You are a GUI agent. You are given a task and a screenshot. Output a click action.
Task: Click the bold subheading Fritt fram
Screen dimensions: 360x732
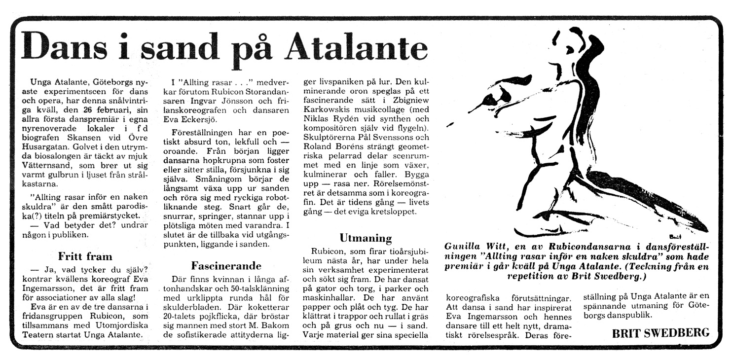[85, 256]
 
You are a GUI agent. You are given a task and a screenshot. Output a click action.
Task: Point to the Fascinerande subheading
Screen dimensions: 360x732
[226, 266]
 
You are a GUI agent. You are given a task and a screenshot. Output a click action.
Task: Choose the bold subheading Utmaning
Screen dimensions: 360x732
[366, 238]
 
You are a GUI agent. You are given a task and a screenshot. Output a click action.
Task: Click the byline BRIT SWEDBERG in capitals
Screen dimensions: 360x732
[660, 333]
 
